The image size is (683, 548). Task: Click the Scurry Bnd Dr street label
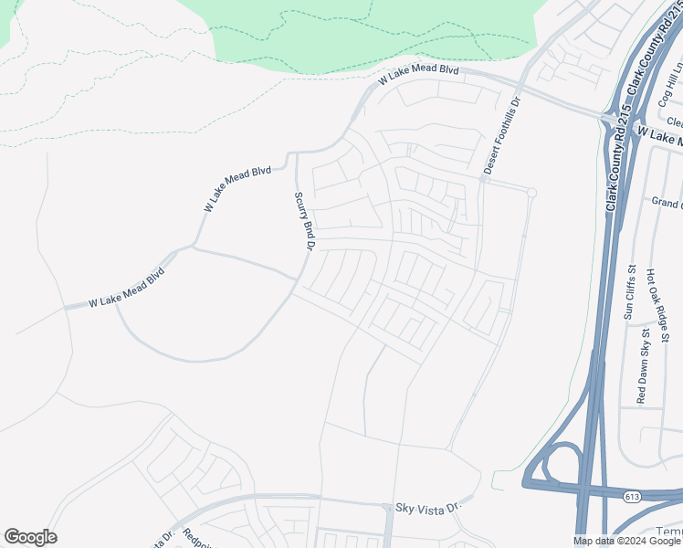coord(304,220)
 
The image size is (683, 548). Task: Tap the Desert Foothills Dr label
coord(501,137)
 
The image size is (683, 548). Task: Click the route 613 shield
coord(631,496)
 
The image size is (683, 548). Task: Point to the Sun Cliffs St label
coord(629,292)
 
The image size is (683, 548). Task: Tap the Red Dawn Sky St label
coord(641,369)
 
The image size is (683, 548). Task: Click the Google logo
coord(30,537)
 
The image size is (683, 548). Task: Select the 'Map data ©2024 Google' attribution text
coord(626,541)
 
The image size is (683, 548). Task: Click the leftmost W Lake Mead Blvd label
coord(126,288)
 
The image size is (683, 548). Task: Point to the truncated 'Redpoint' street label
coord(197,539)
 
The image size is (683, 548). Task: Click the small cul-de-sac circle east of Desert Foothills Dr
coord(531,192)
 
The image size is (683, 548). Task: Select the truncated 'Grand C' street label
coord(667,202)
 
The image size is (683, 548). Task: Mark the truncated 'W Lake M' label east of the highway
coord(659,137)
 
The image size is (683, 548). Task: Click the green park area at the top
coord(365,32)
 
